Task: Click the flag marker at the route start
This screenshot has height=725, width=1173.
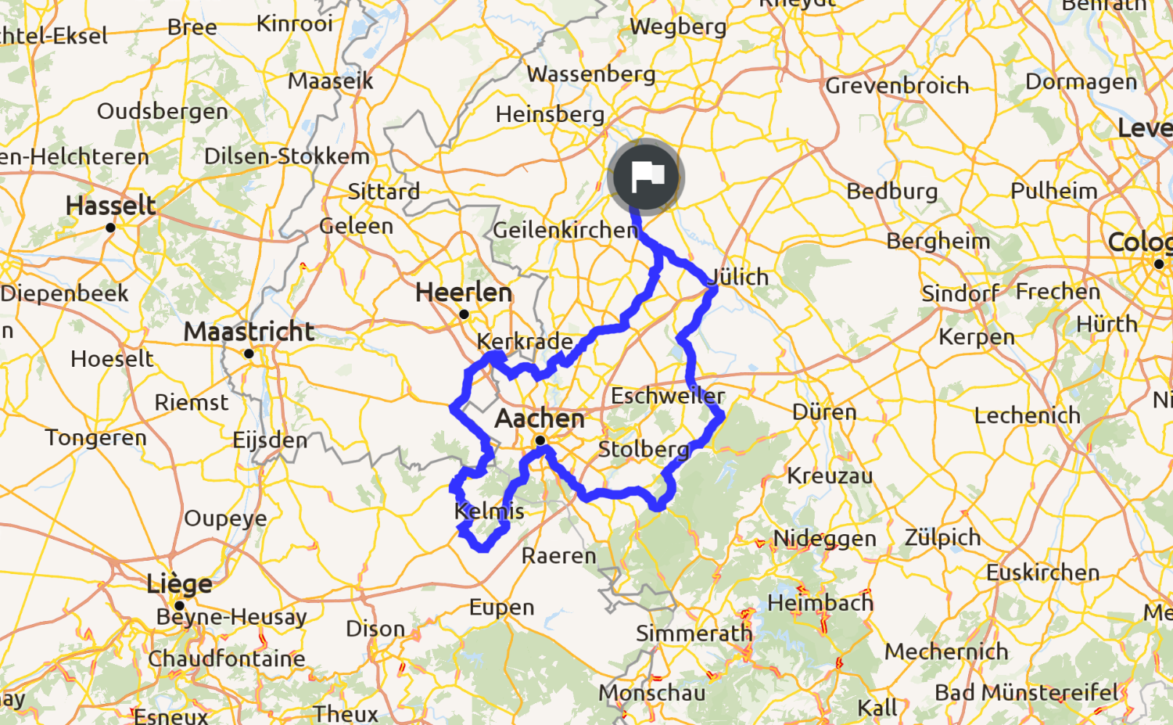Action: (646, 177)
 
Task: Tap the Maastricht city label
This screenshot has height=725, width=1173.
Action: (249, 332)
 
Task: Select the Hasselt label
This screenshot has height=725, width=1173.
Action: (111, 206)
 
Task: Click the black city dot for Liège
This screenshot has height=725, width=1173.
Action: (179, 605)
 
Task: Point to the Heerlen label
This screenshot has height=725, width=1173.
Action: (464, 293)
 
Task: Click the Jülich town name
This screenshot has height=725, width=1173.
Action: (739, 277)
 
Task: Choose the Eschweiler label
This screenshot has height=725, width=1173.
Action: (668, 396)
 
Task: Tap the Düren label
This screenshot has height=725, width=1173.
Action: (824, 412)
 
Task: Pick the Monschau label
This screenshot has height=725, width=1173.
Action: (652, 693)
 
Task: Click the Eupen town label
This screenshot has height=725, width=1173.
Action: (501, 608)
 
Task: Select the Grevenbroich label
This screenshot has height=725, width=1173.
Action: (897, 85)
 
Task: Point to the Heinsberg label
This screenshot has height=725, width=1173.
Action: (550, 114)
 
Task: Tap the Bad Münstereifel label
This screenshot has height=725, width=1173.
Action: (1027, 692)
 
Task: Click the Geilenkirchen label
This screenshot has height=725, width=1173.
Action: (565, 230)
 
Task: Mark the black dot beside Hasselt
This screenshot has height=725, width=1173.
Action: (110, 228)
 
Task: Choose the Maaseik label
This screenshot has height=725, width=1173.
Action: (330, 81)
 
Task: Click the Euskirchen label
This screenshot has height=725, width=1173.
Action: (1042, 572)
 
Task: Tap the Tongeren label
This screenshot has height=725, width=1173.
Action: (95, 437)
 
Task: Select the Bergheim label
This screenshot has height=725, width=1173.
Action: (938, 241)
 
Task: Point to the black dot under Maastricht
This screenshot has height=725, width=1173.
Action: (249, 354)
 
